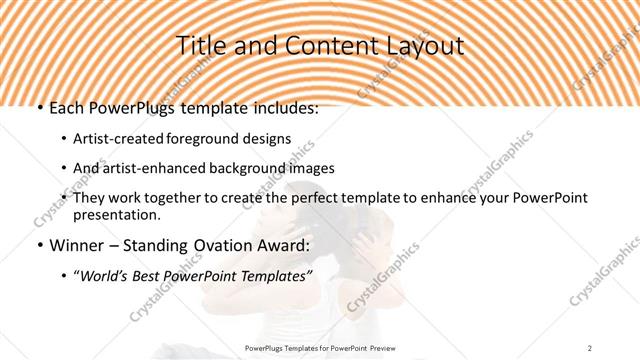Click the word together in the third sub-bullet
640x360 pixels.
point(187,197)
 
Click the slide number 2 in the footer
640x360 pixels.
point(590,347)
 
